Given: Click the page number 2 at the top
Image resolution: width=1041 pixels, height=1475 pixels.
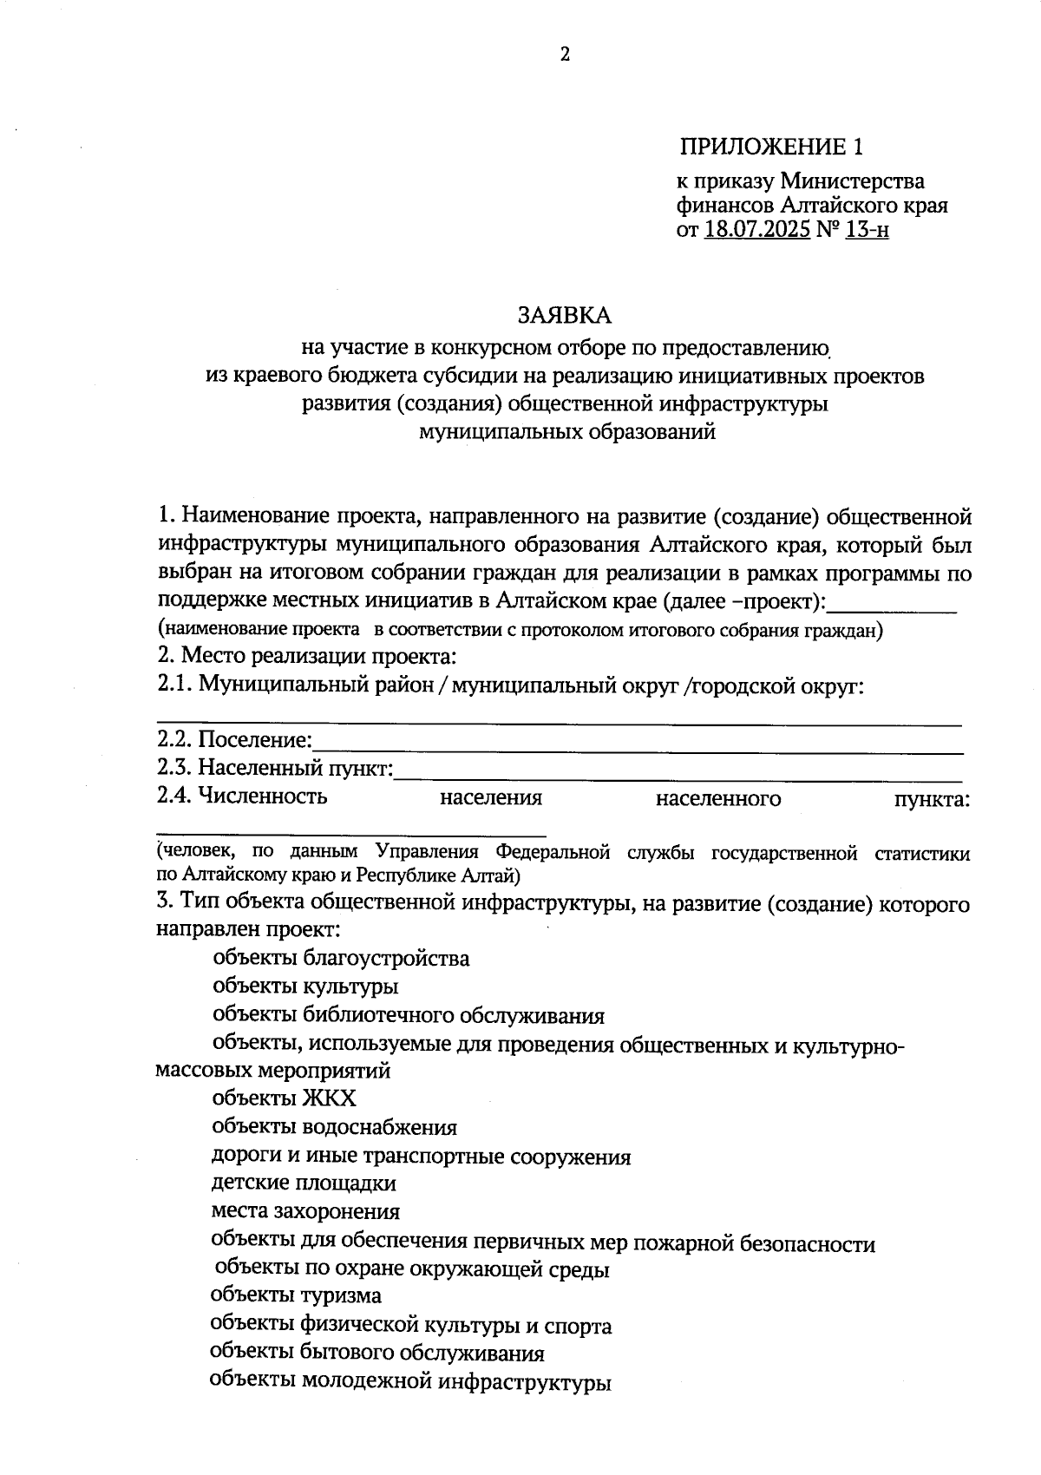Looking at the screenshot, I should click(x=565, y=55).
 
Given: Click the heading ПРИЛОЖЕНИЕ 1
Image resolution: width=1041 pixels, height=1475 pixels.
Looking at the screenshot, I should click(x=771, y=147).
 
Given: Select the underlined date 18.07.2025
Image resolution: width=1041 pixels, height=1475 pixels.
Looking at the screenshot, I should click(x=757, y=231).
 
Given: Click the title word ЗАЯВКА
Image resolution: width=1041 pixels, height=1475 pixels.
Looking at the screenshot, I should click(x=565, y=313).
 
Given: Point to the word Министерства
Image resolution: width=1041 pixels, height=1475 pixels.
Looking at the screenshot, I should click(x=852, y=182).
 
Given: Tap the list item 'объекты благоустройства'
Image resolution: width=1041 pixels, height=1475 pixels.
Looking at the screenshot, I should click(x=341, y=958).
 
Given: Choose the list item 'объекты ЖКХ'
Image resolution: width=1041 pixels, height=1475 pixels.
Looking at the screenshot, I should click(x=284, y=1098).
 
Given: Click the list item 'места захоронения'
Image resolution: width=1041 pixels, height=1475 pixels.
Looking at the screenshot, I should click(x=305, y=1211).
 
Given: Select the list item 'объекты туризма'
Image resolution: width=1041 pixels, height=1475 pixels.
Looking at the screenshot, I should click(x=296, y=1295).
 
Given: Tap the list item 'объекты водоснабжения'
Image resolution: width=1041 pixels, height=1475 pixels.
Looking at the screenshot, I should click(x=334, y=1127).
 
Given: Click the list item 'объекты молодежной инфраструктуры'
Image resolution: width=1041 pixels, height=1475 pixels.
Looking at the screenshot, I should click(x=410, y=1382).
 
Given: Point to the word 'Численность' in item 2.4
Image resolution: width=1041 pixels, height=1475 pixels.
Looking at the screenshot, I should click(x=263, y=796).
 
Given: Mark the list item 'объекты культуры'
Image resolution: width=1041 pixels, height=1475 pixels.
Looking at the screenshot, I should click(x=305, y=987).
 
